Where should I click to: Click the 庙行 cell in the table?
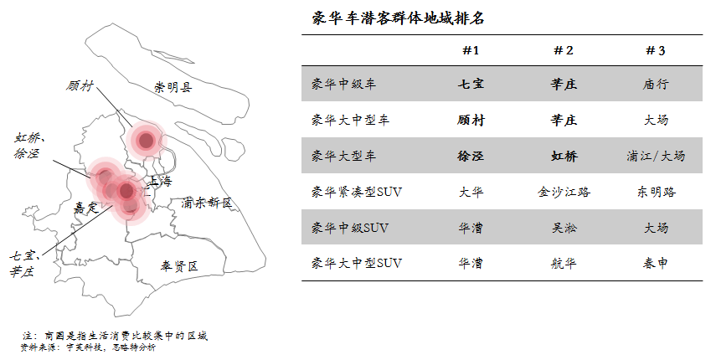tap(656, 85)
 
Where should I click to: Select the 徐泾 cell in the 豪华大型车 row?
tap(471, 156)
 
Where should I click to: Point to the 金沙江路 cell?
tap(564, 192)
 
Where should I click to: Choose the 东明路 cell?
tap(656, 192)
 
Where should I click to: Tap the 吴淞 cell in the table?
tap(564, 227)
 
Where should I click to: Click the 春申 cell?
tap(656, 263)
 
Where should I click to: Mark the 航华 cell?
tap(564, 263)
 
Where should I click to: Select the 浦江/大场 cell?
tap(656, 156)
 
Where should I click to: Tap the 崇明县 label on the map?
tap(173, 87)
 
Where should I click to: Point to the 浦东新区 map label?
tap(206, 203)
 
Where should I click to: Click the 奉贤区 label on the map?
tap(179, 266)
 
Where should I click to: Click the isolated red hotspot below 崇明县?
tap(146, 140)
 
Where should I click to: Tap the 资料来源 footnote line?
tap(88, 347)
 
